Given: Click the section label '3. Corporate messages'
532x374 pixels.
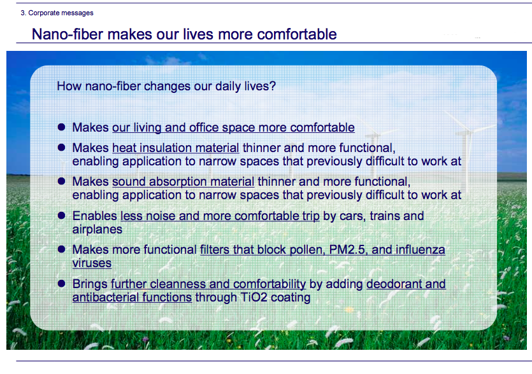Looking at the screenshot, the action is [x=57, y=13].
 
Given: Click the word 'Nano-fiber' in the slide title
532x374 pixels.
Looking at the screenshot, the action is [x=67, y=34].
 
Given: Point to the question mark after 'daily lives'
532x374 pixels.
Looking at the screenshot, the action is [x=272, y=86].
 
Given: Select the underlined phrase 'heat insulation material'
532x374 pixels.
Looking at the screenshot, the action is [x=176, y=148].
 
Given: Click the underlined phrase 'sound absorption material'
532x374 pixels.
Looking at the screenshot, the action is [x=183, y=182].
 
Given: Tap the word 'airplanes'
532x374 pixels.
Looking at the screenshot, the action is [x=97, y=230].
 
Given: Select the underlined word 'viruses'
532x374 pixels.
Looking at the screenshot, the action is [x=92, y=263].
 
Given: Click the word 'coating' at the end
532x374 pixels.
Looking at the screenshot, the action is [x=291, y=298].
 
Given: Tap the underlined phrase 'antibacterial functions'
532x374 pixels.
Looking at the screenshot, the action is [x=132, y=298].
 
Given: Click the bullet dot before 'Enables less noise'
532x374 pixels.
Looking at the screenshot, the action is [x=61, y=216].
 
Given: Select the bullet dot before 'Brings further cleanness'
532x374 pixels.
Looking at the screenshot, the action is [x=61, y=284].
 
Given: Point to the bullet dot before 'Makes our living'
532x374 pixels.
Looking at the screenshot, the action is [x=61, y=127].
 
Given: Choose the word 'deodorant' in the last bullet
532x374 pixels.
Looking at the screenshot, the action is [x=394, y=284].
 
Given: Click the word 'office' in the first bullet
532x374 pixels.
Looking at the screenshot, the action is [x=205, y=128].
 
